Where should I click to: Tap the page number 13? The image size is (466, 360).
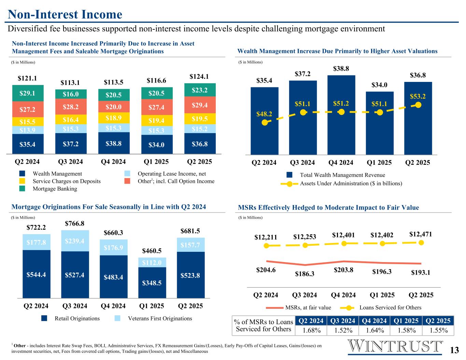coord(454,350)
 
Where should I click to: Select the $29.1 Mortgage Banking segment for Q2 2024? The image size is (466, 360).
coord(28,93)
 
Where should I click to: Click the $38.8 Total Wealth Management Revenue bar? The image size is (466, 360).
coord(341,115)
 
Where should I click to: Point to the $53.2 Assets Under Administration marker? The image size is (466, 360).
coord(419,105)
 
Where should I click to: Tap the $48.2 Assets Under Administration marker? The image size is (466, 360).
coord(264,123)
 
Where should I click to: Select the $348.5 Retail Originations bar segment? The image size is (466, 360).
coord(152,283)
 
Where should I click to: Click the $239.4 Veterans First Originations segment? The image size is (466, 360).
coord(75,241)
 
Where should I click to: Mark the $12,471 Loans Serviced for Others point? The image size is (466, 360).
coord(421,242)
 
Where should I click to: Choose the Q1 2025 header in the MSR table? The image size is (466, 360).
coord(406,321)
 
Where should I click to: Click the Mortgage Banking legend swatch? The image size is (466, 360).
coord(22,189)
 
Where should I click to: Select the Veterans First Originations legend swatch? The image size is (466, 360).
coord(117,318)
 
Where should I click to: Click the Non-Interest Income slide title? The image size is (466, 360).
coord(65,14)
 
